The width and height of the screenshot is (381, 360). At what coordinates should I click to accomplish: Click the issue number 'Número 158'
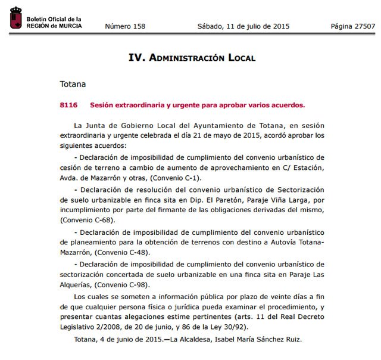[124, 26]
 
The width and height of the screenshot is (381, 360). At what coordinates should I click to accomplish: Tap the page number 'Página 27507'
[353, 26]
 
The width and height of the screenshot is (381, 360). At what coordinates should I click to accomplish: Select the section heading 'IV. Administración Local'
[192, 58]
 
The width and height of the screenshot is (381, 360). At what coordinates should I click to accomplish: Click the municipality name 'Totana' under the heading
[73, 85]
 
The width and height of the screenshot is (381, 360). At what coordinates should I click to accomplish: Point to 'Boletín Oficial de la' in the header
[54, 20]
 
